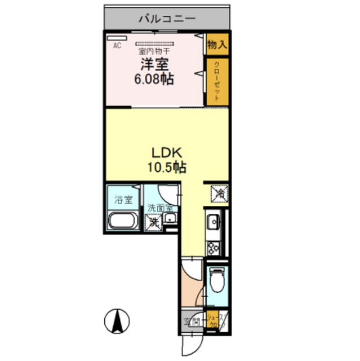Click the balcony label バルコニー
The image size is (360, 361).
coord(167,19)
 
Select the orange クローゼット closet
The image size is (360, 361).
coord(217,82)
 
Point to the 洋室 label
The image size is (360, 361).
coord(153,64)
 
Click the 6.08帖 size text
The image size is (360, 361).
coord(153,80)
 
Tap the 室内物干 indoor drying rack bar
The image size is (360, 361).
coord(156,42)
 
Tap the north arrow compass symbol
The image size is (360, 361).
coord(118,322)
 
